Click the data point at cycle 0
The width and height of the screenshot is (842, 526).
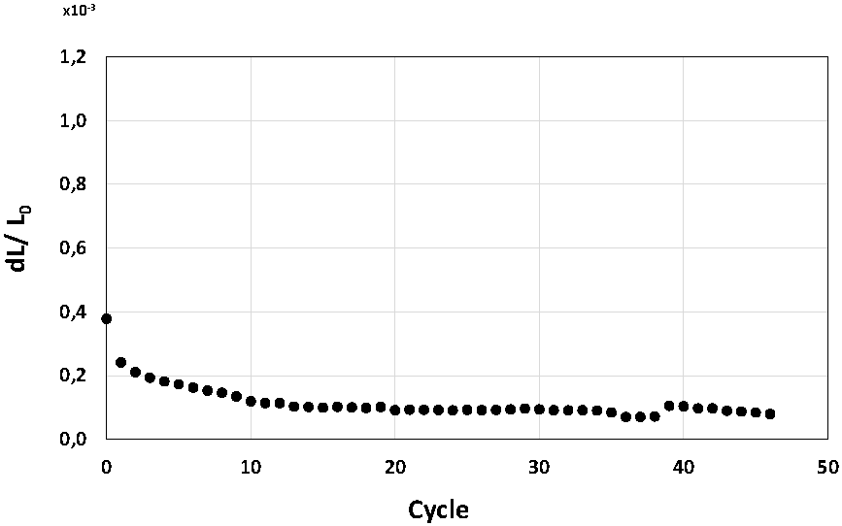(x=107, y=318)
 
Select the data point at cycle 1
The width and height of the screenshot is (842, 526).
(x=121, y=362)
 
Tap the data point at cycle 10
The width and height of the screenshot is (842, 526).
(x=251, y=401)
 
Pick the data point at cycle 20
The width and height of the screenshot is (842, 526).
(x=395, y=410)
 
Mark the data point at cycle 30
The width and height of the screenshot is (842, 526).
(x=539, y=409)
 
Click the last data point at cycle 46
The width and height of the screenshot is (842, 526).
(x=770, y=413)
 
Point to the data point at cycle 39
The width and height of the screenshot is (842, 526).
(x=669, y=406)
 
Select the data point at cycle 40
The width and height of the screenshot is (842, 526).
(x=684, y=407)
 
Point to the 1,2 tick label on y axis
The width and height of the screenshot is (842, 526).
(x=74, y=57)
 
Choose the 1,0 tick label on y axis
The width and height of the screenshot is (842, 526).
(x=74, y=120)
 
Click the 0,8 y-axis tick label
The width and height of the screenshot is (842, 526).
(x=74, y=184)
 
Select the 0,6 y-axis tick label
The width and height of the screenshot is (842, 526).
(x=74, y=248)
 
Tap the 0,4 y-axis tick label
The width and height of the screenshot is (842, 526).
(x=74, y=312)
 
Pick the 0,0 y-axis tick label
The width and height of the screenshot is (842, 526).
(x=74, y=439)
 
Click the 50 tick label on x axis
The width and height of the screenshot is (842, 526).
(x=827, y=467)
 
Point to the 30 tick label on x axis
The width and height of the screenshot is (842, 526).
(x=539, y=467)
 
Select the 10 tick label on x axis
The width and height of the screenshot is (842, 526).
(x=251, y=467)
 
